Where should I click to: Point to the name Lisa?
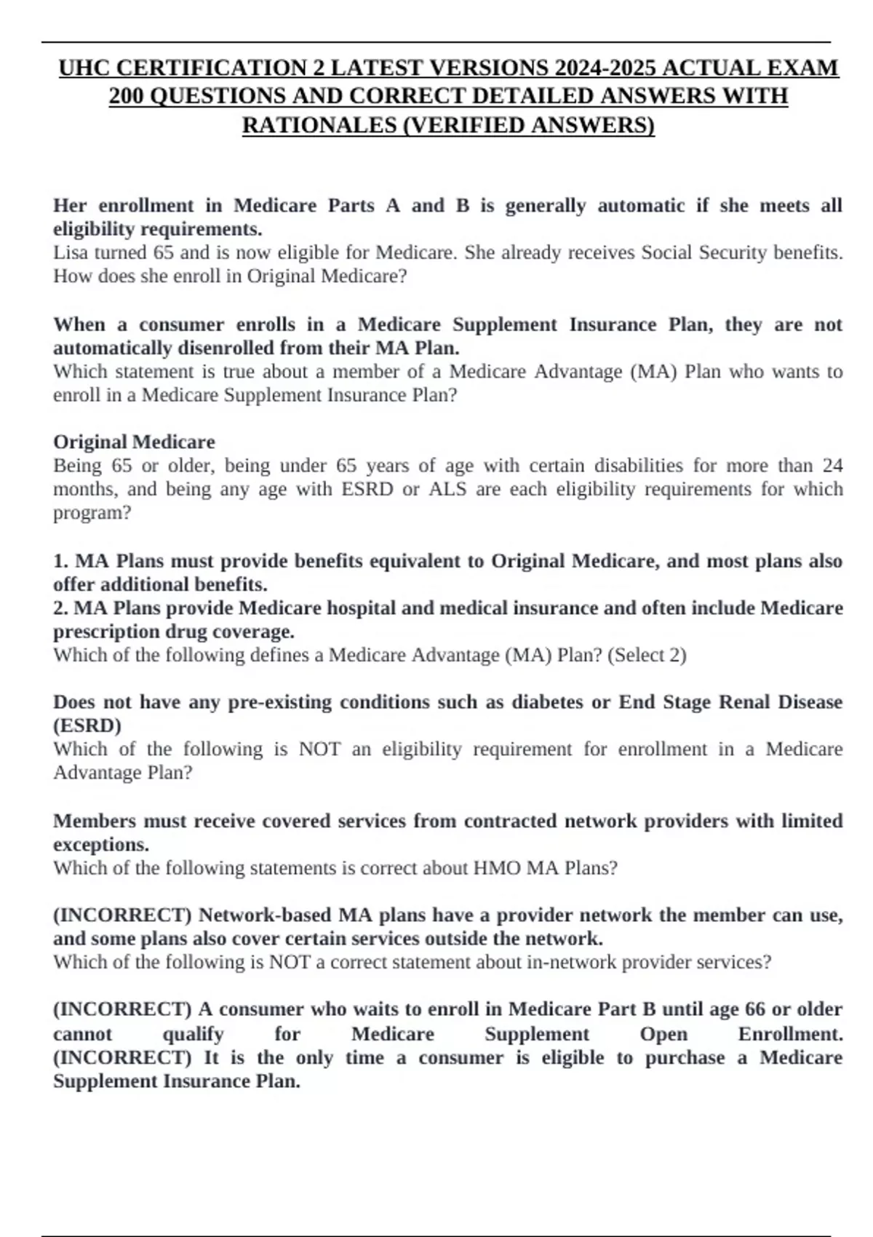[x=68, y=252]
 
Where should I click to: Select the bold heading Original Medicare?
[x=134, y=442]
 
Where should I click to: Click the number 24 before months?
[x=832, y=466]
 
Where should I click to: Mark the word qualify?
[x=193, y=1034]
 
